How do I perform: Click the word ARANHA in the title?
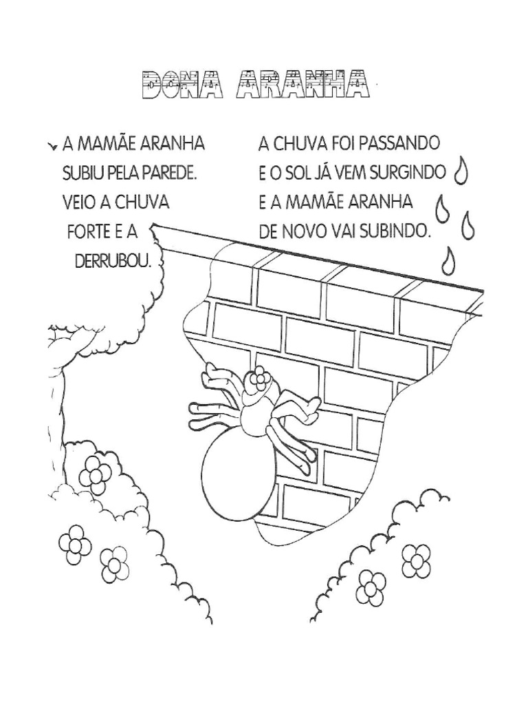click(296, 87)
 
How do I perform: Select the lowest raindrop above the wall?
click(450, 260)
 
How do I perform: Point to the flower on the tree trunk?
click(96, 473)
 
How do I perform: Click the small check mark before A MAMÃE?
click(52, 147)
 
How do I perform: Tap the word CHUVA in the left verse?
click(140, 202)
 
